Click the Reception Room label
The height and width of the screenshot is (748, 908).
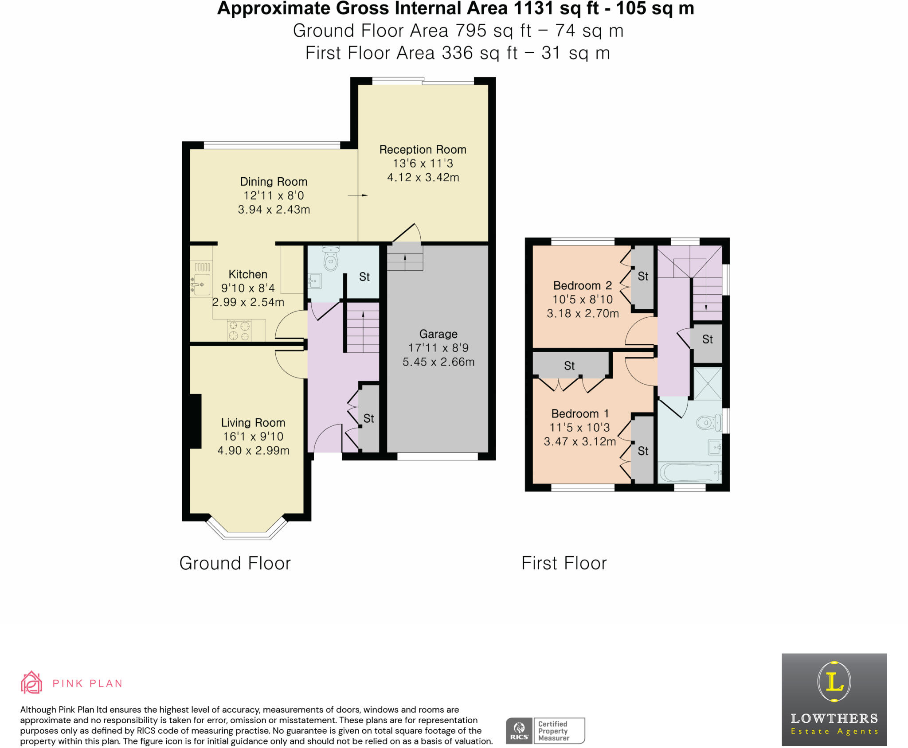423,150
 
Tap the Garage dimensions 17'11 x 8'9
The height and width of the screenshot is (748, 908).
438,348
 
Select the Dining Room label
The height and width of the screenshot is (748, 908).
274,182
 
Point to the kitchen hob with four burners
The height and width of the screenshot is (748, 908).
239,331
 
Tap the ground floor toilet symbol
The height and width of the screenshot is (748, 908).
331,260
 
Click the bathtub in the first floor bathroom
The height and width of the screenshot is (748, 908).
689,472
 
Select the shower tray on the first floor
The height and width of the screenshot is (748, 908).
708,383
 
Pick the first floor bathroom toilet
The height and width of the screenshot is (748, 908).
708,422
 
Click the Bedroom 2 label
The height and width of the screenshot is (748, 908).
583,286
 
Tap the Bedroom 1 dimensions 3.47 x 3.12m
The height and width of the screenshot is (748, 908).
580,442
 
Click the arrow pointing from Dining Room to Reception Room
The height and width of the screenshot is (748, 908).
358,195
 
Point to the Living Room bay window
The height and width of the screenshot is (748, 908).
247,534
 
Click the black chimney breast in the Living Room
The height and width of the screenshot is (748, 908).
195,421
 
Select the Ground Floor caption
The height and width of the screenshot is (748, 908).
235,564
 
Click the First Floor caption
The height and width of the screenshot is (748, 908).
564,564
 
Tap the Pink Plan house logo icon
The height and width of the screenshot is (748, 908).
31,682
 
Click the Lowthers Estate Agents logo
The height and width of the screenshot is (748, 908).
834,699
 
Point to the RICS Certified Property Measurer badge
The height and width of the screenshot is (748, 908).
545,731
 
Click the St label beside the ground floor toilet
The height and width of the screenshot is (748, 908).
364,277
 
